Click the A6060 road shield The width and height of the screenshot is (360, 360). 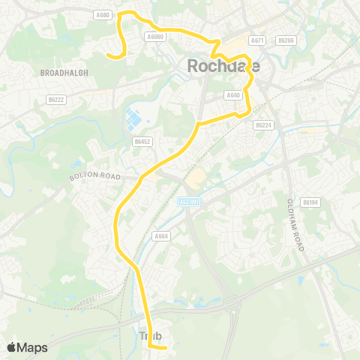click(155, 36)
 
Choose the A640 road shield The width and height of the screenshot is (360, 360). click(232, 95)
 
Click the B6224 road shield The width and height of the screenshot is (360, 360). click(262, 125)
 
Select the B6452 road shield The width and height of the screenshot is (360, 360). click(143, 140)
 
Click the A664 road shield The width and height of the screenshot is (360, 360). click(160, 235)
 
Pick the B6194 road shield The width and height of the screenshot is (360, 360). click(310, 202)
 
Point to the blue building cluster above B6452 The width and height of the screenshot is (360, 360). click(133, 118)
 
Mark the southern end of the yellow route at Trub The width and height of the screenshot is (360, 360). click(164, 345)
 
